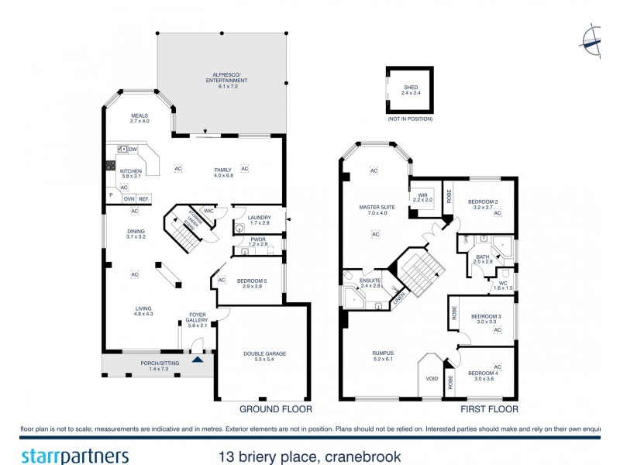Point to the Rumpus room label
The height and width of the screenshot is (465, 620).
coord(384,355)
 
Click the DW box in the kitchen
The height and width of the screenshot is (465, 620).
coord(133,150)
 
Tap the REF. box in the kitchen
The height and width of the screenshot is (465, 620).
coord(143,198)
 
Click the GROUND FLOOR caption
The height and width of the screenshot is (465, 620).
coord(275,409)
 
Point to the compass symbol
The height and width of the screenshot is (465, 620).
coord(593,40)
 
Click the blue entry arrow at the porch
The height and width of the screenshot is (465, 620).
coord(198,358)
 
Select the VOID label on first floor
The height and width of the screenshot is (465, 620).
coord(432,379)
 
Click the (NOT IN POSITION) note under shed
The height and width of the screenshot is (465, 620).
coord(410,119)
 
